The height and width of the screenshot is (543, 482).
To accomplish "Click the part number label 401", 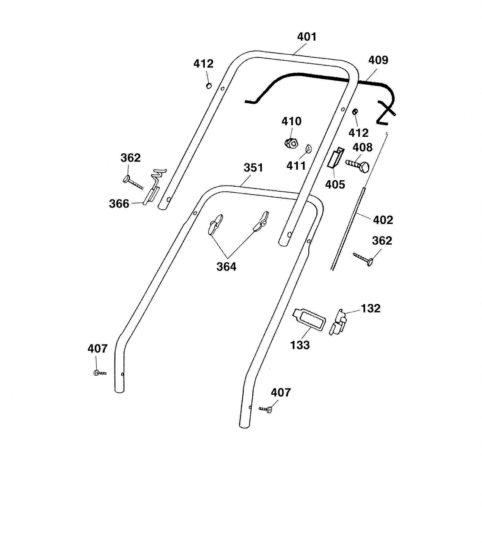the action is pyautogui.click(x=307, y=37).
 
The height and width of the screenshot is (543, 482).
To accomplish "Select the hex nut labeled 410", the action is pyautogui.click(x=291, y=143).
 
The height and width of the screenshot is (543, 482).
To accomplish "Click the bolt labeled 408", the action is pyautogui.click(x=357, y=166).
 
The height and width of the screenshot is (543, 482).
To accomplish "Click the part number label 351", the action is pyautogui.click(x=253, y=168).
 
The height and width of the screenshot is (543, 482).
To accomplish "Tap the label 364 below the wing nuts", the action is pyautogui.click(x=226, y=267).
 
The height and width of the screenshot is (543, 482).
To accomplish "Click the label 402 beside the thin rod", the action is pyautogui.click(x=383, y=220).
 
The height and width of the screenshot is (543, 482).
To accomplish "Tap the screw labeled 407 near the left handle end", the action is pyautogui.click(x=100, y=373).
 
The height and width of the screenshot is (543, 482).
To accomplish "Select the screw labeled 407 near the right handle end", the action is pyautogui.click(x=266, y=409).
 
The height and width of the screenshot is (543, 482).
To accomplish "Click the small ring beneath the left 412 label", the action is pyautogui.click(x=209, y=86).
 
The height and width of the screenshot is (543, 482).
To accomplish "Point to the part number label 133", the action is pyautogui.click(x=300, y=345).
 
